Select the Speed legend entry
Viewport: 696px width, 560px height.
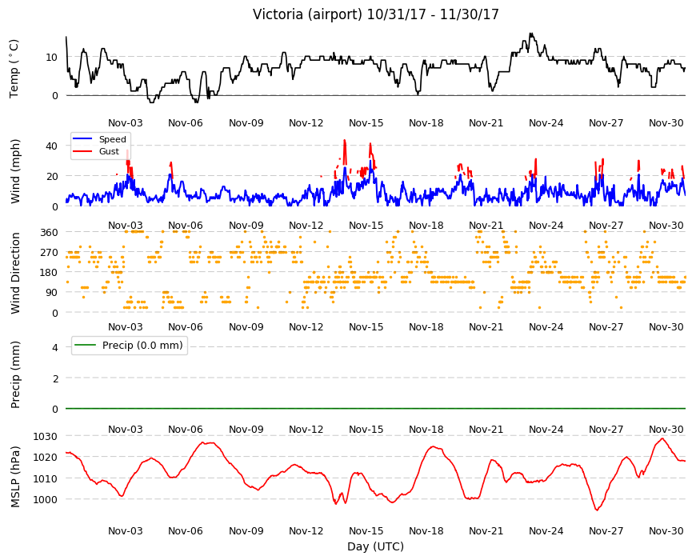99,139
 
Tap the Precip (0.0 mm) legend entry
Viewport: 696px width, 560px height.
129,346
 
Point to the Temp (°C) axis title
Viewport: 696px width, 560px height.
14,69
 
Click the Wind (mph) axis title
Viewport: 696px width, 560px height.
15,171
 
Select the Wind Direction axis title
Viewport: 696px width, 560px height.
15,273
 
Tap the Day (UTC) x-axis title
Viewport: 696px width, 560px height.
375,546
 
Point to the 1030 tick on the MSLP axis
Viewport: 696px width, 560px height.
46,436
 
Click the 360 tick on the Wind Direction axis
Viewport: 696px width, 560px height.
49,232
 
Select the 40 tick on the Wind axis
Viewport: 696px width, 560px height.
52,146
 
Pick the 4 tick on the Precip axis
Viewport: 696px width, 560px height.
55,347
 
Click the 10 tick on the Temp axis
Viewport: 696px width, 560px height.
51,58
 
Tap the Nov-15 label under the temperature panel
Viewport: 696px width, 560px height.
366,123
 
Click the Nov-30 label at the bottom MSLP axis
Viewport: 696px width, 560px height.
666,530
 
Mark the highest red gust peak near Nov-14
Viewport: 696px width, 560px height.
345,141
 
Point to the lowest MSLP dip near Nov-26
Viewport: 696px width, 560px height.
597,510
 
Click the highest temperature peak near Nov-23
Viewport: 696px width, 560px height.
530,34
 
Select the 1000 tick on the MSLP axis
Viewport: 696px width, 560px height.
46,499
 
